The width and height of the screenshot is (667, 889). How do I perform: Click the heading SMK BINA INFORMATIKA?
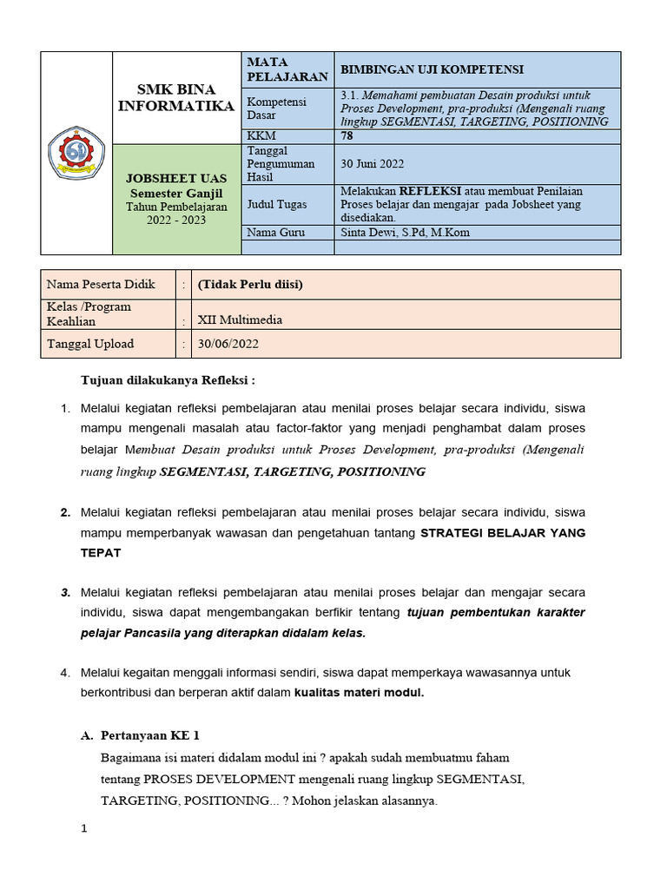tap(176, 98)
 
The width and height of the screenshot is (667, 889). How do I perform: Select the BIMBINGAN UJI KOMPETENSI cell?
tap(431, 69)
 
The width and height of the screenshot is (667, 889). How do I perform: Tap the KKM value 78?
tap(347, 136)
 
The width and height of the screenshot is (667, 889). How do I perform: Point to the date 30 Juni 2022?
tap(373, 163)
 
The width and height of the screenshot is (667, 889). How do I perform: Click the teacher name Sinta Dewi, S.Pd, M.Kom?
tap(406, 232)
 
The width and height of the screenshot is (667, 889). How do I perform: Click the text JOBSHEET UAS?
tap(176, 178)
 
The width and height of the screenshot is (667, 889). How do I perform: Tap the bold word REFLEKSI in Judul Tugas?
tap(429, 190)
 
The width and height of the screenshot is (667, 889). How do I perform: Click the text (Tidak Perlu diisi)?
tap(250, 284)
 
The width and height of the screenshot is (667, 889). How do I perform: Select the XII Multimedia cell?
tap(240, 319)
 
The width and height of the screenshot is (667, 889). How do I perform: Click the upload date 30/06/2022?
tap(228, 344)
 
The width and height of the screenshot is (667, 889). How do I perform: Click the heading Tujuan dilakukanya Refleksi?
tap(168, 380)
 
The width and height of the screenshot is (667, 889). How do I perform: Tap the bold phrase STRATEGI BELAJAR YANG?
tap(502, 533)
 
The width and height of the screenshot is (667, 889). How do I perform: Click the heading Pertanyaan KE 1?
tap(150, 734)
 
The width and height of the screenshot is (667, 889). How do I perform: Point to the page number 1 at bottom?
tap(84, 828)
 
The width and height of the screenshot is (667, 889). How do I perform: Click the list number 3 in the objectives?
tap(65, 592)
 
